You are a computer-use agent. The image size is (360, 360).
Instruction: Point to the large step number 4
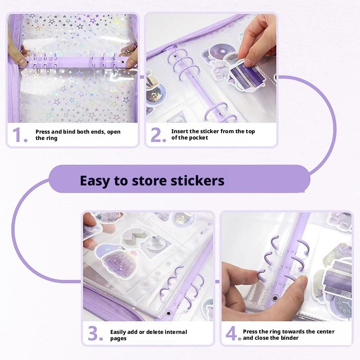[233, 334]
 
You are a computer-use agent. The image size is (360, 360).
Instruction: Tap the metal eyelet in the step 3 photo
[168, 314]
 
